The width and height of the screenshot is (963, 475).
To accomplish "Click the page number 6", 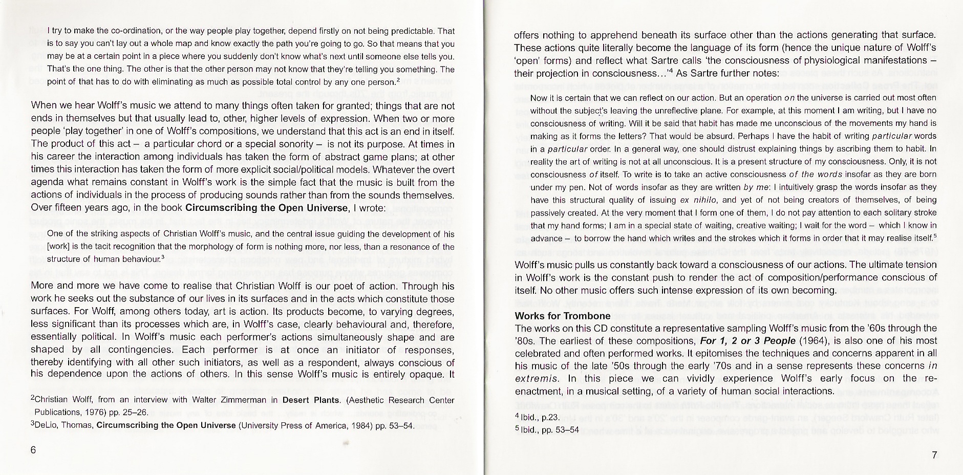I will [x=34, y=450].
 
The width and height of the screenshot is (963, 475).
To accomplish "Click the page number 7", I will [x=934, y=456].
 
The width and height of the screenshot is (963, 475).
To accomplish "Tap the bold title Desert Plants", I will [x=311, y=400].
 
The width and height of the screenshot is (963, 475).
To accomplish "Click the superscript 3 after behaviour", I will [x=162, y=257].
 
